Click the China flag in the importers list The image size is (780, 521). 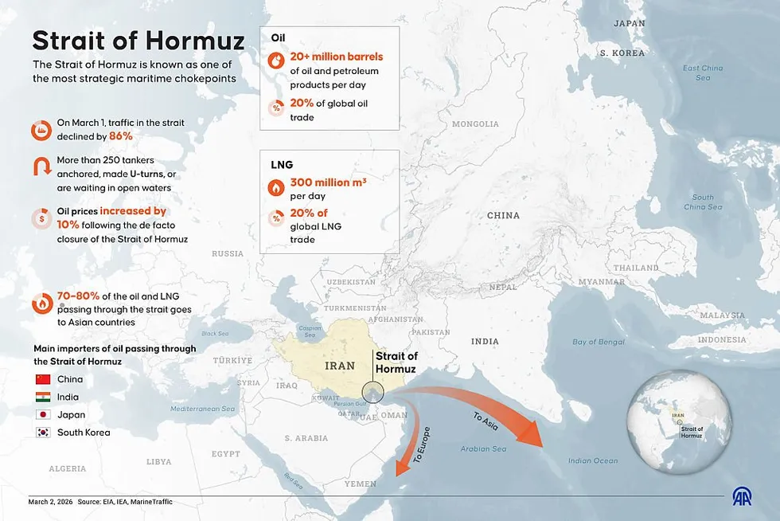click(x=43, y=379)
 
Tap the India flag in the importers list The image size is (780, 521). click(x=43, y=397)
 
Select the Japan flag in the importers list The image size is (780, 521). click(x=43, y=415)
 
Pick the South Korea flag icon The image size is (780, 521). click(x=43, y=433)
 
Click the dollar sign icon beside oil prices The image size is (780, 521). click(x=42, y=218)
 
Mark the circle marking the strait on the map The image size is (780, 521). click(x=372, y=392)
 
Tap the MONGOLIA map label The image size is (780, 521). click(x=475, y=124)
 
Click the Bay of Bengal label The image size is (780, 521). click(x=598, y=342)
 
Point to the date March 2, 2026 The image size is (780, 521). click(x=49, y=502)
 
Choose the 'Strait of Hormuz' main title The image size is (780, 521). click(x=138, y=40)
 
